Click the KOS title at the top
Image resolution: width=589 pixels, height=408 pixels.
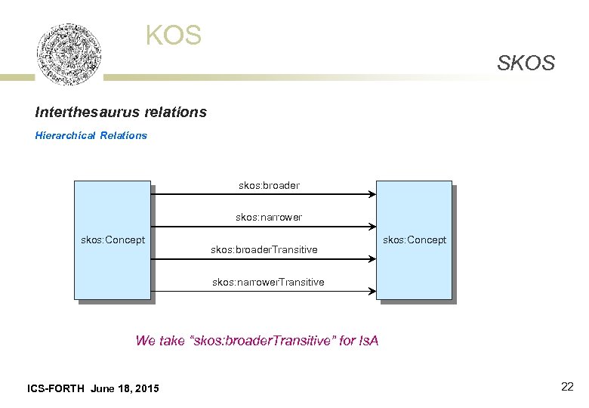pyautogui.click(x=174, y=36)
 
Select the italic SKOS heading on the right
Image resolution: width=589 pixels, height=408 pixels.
pyautogui.click(x=526, y=63)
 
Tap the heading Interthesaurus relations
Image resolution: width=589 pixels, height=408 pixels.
pyautogui.click(x=121, y=112)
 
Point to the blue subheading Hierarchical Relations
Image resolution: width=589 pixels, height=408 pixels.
pyautogui.click(x=91, y=135)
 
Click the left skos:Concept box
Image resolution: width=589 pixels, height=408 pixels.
pyautogui.click(x=113, y=240)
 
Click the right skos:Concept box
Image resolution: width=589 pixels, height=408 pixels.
pyautogui.click(x=415, y=240)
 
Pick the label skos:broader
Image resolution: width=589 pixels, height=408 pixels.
pyautogui.click(x=269, y=185)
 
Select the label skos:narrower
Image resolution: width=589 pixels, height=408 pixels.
pyautogui.click(x=269, y=217)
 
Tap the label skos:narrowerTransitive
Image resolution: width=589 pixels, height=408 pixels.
pyautogui.click(x=268, y=282)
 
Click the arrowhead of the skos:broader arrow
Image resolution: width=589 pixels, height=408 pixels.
pyautogui.click(x=372, y=194)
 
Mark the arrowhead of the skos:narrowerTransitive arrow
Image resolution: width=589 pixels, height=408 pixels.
pyautogui.click(x=372, y=291)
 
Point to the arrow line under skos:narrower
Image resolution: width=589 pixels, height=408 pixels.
pyautogui.click(x=264, y=226)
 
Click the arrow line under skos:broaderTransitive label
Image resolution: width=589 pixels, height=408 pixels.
pyautogui.click(x=264, y=258)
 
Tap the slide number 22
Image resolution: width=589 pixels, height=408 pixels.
pyautogui.click(x=567, y=387)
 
